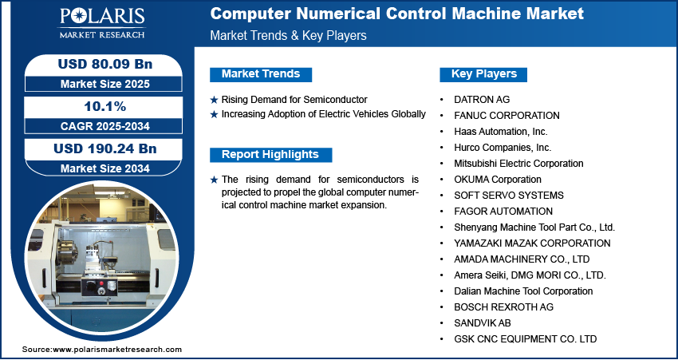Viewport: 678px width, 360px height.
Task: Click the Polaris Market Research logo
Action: point(102,23)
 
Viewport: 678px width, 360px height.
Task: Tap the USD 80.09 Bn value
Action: point(105,64)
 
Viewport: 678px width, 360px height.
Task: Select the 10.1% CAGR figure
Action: point(105,106)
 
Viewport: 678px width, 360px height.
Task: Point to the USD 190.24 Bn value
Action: point(105,148)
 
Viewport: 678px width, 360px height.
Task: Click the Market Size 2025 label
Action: point(105,84)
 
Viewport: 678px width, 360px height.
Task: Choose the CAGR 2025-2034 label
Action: point(105,126)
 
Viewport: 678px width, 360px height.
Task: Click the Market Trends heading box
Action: point(261,74)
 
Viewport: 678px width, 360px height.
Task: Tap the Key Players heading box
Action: point(483,74)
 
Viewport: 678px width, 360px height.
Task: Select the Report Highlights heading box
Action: point(270,155)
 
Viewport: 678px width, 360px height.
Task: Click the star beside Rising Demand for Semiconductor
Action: point(214,100)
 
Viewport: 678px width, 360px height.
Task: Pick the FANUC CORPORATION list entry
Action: point(507,116)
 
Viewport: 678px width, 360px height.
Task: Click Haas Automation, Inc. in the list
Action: point(501,132)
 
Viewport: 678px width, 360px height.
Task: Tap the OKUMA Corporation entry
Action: point(498,179)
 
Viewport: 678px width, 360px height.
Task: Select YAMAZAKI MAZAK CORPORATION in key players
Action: point(532,243)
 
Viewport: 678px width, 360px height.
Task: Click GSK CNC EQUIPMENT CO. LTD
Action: point(526,338)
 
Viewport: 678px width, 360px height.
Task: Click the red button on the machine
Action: point(102,283)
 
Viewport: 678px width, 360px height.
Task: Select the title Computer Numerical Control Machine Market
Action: point(397,14)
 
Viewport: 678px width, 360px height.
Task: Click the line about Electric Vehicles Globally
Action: point(323,114)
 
